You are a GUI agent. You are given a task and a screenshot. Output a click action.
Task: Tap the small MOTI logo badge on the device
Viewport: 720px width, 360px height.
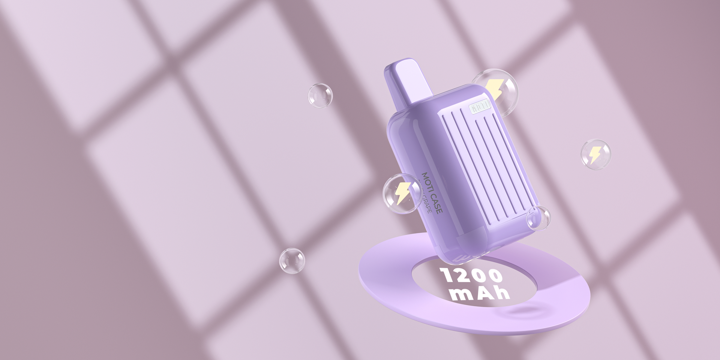[x=480, y=107]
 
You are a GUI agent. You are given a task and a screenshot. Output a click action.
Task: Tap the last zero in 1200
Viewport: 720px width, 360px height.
[x=494, y=276]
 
